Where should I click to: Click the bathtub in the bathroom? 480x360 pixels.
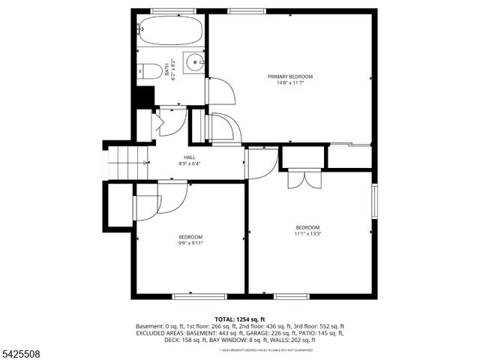[x=170, y=32]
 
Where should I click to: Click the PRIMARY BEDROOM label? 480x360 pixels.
[x=290, y=76]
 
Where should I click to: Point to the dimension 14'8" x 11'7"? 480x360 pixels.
[x=290, y=83]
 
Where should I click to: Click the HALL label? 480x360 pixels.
[x=190, y=157]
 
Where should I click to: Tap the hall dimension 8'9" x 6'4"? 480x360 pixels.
[x=190, y=163]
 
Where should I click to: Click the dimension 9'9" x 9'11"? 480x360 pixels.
[x=190, y=243]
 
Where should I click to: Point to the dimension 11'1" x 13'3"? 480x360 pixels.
[x=307, y=234]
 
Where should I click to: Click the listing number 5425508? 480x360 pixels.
[x=21, y=349]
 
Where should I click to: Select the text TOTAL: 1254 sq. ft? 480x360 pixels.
[x=240, y=319]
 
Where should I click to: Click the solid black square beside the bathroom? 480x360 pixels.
[x=142, y=97]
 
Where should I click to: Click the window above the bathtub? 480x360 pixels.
[x=170, y=10]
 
